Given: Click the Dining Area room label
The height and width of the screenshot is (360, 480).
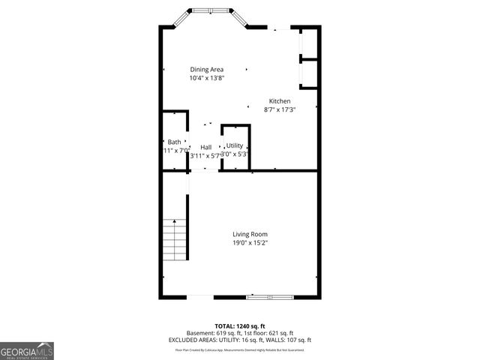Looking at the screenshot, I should coord(206,70).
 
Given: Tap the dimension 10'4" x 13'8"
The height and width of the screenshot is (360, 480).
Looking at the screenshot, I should coord(206,78).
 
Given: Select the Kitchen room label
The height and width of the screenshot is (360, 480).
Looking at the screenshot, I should coord(280,101).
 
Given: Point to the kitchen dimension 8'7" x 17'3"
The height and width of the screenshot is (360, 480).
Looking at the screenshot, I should coord(280,109).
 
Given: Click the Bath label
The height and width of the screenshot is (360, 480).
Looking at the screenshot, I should coord(174,142).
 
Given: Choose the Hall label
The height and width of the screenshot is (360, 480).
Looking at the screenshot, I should coord(205,147).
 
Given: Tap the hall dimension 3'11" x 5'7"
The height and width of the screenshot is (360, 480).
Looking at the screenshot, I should coord(204,155).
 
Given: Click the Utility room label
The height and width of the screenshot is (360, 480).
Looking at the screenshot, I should coord(235,145).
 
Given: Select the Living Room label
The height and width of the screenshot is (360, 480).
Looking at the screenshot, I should coord(250,235).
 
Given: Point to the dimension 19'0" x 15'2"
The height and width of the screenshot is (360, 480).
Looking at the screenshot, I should coord(250,243).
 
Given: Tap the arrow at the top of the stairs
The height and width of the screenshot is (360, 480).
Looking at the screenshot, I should coord(174,221).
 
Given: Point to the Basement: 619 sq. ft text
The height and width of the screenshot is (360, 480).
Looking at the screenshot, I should coord(212,333).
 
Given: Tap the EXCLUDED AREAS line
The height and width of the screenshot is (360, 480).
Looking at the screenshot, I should coord(240,340).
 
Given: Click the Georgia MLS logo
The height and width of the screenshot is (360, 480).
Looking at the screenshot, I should coord(27,350).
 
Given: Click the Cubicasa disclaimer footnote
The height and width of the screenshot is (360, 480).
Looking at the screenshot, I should coord(240,349).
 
